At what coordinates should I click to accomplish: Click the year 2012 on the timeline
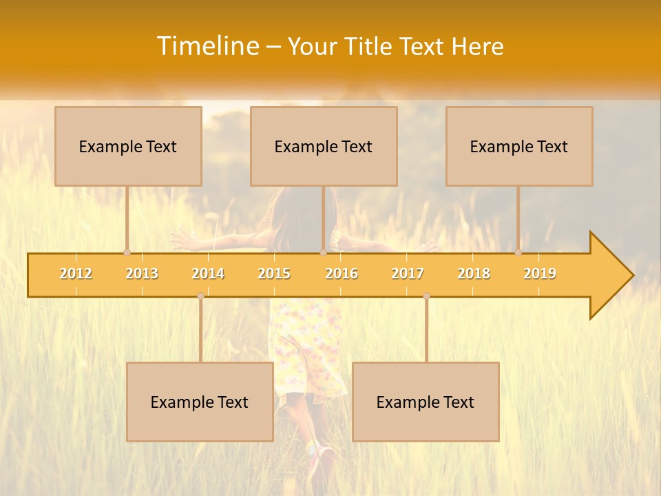pos(76,273)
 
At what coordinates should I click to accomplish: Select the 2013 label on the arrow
pos(142,273)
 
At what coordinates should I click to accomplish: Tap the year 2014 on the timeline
pos(208,273)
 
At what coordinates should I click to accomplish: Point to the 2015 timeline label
pos(274,273)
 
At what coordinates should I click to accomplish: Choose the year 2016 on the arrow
pos(342,273)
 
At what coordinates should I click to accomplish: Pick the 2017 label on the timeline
pos(408,273)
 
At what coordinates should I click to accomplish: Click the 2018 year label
pos(474,273)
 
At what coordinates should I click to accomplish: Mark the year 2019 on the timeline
pos(540,273)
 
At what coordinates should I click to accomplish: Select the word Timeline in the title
pos(207,46)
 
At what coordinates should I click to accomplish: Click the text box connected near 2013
pos(128,146)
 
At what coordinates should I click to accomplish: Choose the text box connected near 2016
pos(324,146)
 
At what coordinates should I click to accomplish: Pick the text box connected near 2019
pos(519,146)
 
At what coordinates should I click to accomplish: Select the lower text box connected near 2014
pos(200,402)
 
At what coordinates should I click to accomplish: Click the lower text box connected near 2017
pos(426,402)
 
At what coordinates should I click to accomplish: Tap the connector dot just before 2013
pos(127,253)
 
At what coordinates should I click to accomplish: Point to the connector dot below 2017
pos(426,296)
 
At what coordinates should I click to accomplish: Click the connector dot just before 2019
pos(518,253)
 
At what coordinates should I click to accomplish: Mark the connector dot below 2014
pos(200,296)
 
